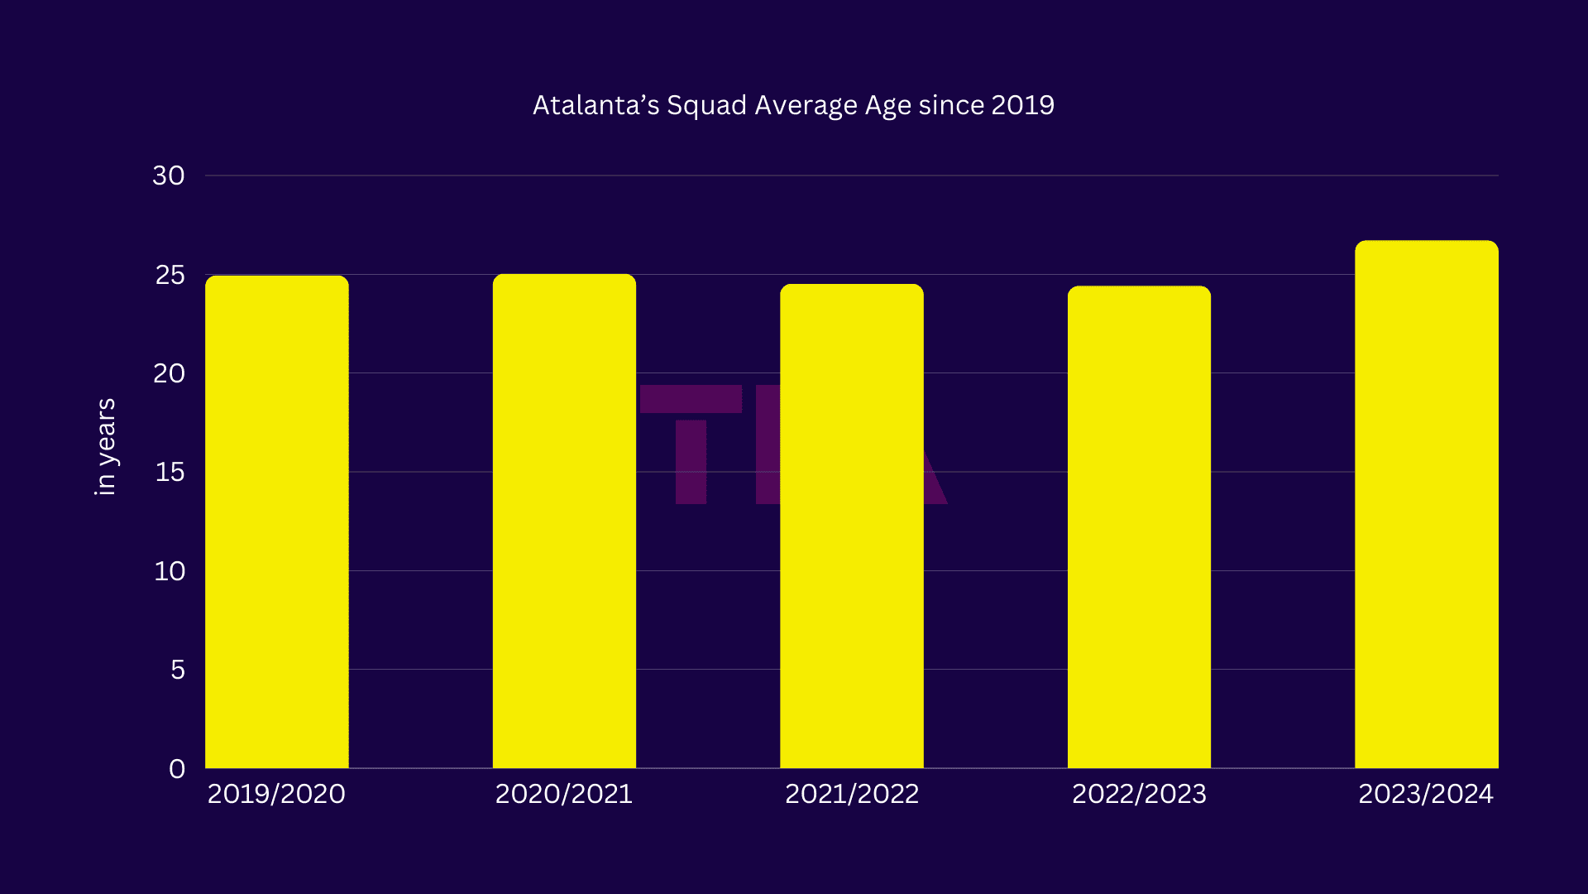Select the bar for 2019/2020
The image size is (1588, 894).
276,521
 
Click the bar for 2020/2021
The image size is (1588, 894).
564,521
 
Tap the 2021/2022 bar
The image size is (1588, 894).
851,526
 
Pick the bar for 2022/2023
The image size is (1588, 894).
1139,527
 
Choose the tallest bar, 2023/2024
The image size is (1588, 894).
1426,505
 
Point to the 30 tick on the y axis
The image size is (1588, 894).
169,175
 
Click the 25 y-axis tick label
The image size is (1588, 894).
170,275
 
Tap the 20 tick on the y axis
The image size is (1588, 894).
169,373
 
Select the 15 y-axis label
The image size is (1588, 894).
170,472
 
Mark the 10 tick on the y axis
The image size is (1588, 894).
170,571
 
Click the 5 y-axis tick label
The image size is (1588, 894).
177,670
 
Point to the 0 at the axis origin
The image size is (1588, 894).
177,769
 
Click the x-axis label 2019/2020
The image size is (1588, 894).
276,794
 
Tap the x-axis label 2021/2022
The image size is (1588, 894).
851,794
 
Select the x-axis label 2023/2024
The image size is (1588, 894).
1426,794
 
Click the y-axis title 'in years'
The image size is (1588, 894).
105,447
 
